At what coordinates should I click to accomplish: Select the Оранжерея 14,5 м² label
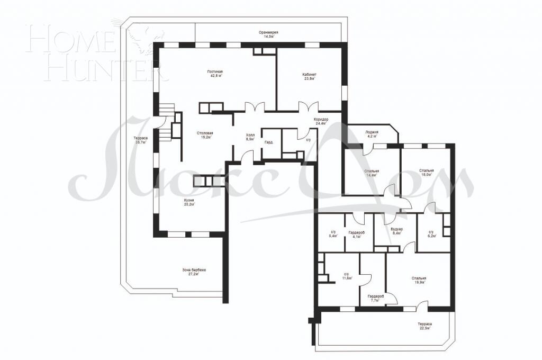268,35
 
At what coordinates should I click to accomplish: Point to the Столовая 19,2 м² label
204,135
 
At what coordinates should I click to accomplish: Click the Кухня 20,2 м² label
189,203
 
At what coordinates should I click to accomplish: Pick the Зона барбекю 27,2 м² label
190,272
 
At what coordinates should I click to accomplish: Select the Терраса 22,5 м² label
424,326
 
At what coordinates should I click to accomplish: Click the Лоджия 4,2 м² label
372,134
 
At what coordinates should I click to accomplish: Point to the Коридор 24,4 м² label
320,121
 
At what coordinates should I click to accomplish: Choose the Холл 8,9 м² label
250,138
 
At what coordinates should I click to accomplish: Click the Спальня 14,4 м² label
372,173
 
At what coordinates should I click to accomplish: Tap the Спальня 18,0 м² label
426,173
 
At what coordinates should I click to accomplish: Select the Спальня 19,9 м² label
419,281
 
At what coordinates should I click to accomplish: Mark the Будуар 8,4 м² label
396,231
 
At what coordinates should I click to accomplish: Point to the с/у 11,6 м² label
347,276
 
